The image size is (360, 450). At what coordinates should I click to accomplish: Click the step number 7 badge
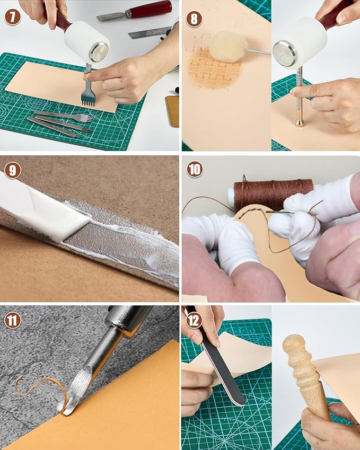coord(13,17)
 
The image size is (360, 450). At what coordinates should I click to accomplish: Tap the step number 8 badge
coord(194,20)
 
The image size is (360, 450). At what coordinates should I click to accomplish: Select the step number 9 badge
coord(13,170)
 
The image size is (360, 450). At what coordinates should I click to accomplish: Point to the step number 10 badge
coord(195,169)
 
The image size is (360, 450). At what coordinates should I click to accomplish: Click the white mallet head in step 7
coord(85,41)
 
